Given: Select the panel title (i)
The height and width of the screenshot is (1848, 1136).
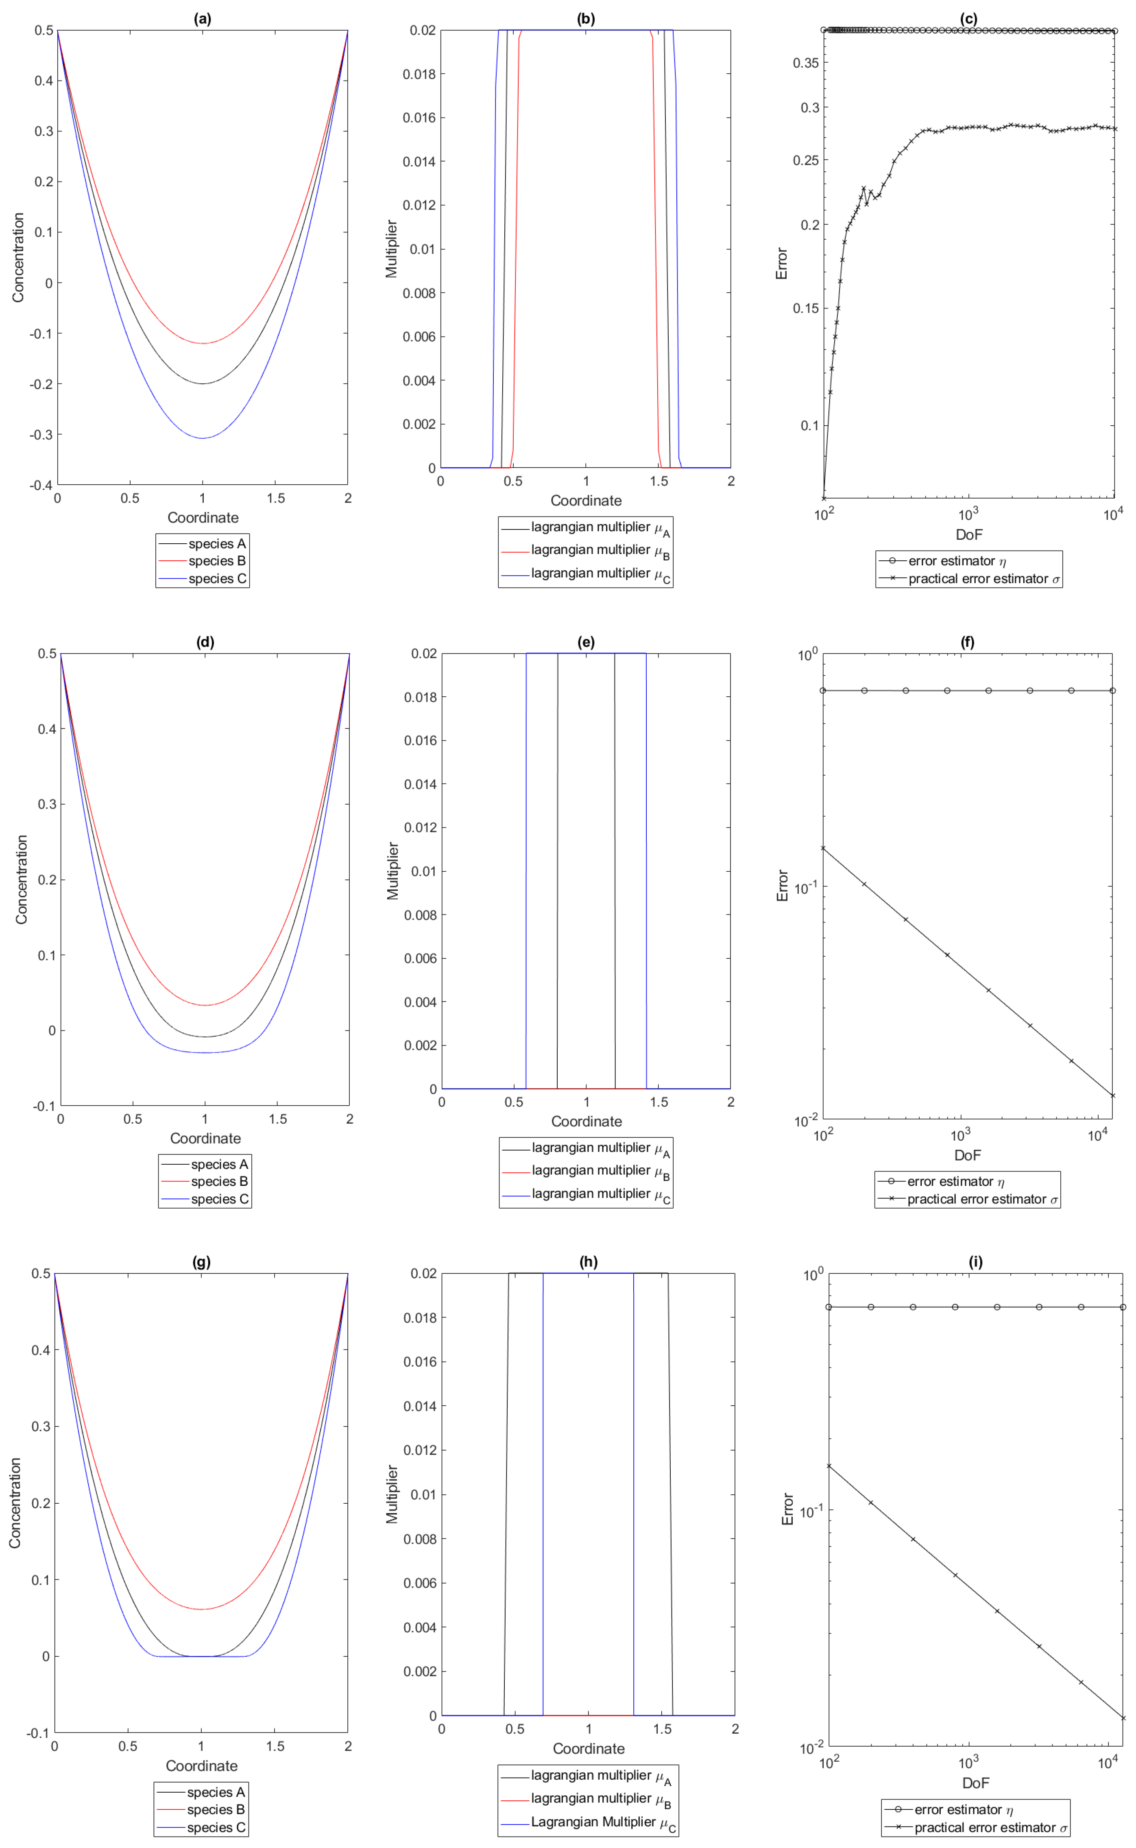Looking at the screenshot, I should (975, 1262).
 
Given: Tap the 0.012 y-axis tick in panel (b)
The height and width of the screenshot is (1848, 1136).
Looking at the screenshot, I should (419, 205).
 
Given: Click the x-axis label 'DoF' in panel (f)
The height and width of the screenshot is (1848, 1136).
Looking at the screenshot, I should (968, 1155).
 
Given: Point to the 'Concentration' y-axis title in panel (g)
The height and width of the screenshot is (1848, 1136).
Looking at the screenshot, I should (15, 1502).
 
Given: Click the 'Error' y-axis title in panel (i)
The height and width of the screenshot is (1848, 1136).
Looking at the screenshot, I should (787, 1508).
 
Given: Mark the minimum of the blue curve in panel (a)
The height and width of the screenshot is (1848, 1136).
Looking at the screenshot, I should (202, 438).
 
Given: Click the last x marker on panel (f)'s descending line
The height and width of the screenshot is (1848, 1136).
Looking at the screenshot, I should (1113, 1096).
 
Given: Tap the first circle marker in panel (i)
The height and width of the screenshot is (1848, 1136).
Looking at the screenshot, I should (829, 1307).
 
